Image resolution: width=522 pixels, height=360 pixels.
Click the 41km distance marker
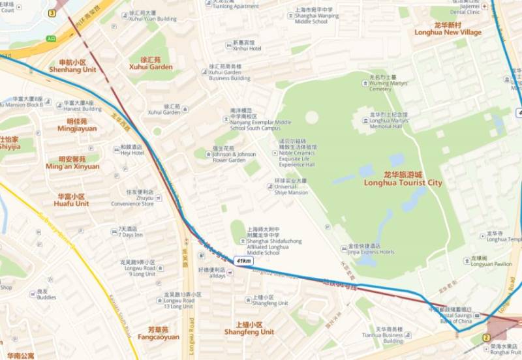pos(243,260)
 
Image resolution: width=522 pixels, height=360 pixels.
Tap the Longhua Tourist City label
pos(403,179)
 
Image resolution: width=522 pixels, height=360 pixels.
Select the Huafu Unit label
pos(72,200)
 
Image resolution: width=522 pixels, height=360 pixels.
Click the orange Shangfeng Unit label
pos(249,328)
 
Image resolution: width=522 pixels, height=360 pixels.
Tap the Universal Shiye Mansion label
pos(290,189)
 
